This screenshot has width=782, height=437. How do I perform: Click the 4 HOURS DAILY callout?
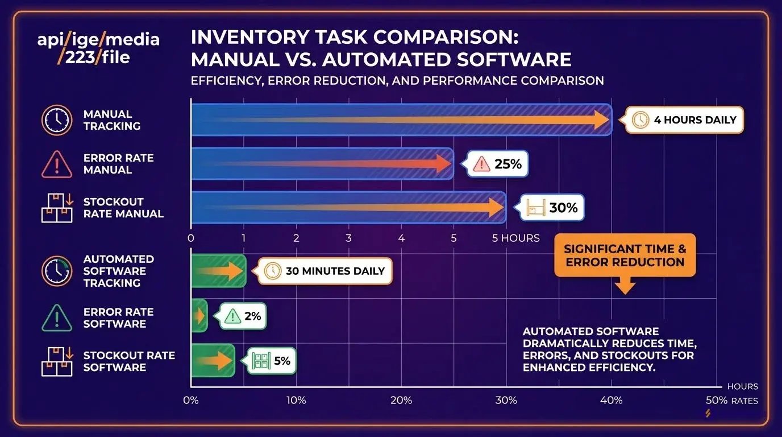(684, 120)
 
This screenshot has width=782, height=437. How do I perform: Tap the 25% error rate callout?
(498, 164)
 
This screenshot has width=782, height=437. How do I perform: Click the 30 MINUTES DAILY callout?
(325, 271)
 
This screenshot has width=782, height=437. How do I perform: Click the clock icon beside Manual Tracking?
(57, 120)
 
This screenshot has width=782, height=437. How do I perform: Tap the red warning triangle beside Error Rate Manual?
(57, 164)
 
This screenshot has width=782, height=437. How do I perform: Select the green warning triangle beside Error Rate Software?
(57, 318)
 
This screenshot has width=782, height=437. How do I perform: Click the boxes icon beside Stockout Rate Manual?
(57, 208)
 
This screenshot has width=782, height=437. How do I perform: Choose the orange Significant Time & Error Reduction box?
(625, 255)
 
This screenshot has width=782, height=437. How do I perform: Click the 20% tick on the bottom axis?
(401, 401)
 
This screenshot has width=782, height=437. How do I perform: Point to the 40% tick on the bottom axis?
(612, 401)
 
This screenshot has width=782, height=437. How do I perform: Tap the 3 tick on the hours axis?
(348, 238)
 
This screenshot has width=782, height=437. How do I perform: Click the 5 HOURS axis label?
(515, 238)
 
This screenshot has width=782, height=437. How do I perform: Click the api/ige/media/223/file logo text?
(98, 48)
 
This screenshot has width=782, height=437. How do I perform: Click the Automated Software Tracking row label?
(119, 271)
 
